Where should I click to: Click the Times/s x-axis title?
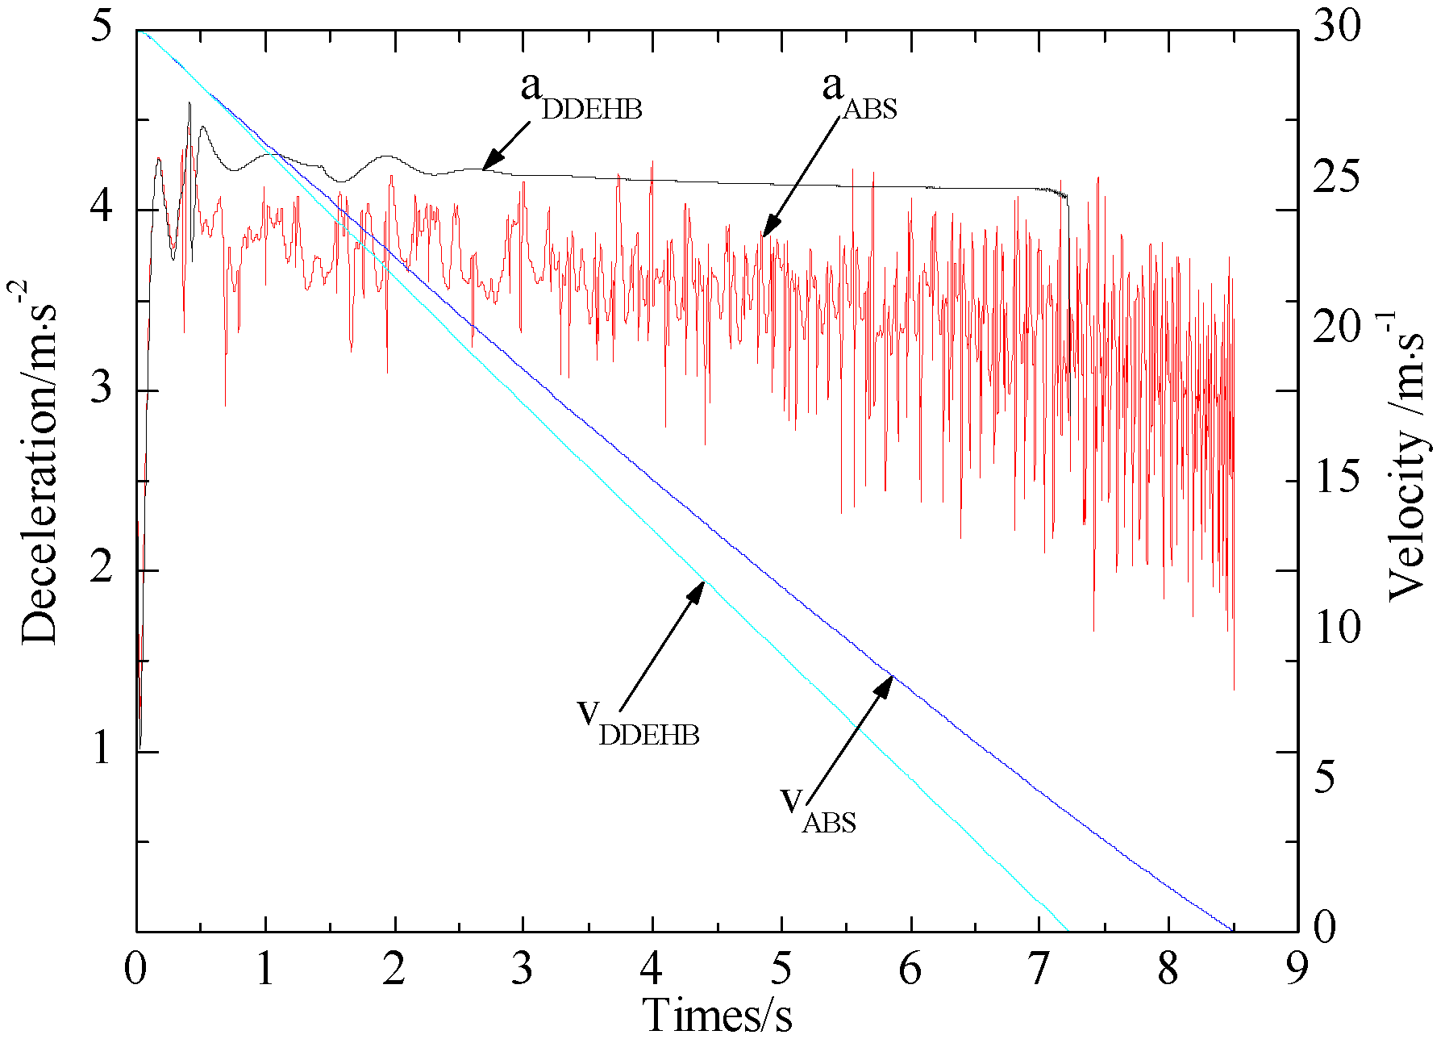(x=717, y=1014)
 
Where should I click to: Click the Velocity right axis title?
(x=1406, y=457)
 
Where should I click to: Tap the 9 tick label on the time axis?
(x=1297, y=968)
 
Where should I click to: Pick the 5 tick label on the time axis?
(x=781, y=968)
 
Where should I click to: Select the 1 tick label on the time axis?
(x=265, y=968)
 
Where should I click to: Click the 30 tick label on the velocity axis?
(x=1336, y=26)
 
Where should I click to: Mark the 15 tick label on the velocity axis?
(x=1336, y=477)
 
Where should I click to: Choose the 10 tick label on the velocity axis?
(x=1336, y=627)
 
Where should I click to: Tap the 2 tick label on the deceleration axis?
(x=101, y=569)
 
